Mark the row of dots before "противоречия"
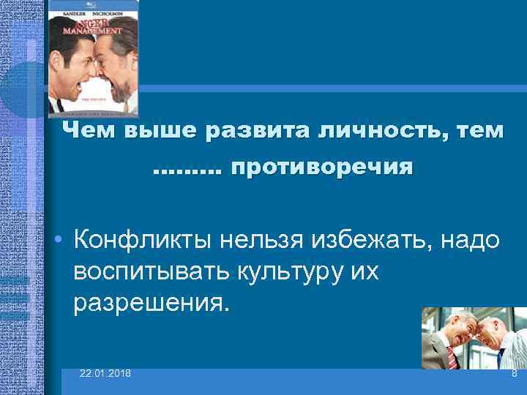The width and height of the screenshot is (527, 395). (186, 171)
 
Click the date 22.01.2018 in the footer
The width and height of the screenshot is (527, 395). (106, 374)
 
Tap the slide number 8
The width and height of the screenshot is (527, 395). (514, 374)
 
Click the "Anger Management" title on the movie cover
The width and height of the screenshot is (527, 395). (94, 29)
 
